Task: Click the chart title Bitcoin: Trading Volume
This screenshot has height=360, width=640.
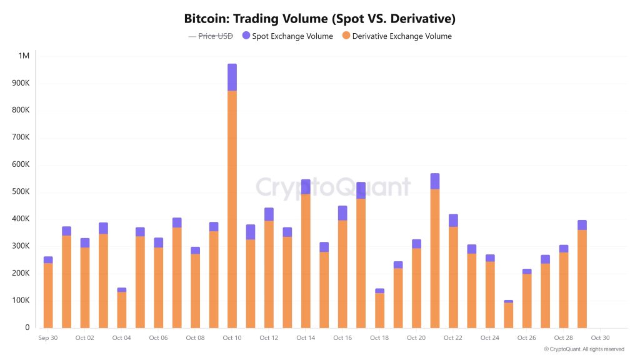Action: pyautogui.click(x=319, y=18)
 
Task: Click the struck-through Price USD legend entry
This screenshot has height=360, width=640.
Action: pyautogui.click(x=211, y=36)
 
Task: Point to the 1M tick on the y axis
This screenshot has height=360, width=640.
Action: pyautogui.click(x=24, y=56)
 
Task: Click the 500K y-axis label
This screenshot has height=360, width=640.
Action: pyautogui.click(x=21, y=192)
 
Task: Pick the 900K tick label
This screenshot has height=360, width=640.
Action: pyautogui.click(x=21, y=83)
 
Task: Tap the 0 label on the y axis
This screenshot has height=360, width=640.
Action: pyautogui.click(x=27, y=327)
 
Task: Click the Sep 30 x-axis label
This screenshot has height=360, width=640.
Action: pyautogui.click(x=48, y=338)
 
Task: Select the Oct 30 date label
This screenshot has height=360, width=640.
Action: pyautogui.click(x=601, y=338)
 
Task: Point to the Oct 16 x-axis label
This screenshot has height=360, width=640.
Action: pyautogui.click(x=342, y=338)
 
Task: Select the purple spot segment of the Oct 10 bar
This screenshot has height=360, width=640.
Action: pyautogui.click(x=232, y=77)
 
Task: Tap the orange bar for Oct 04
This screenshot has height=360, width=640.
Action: pyautogui.click(x=122, y=310)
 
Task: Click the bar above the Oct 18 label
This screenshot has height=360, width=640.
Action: pyautogui.click(x=379, y=310)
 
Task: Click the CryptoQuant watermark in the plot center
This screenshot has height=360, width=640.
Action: pyautogui.click(x=333, y=187)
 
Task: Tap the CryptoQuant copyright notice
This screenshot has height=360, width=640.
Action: pyautogui.click(x=583, y=349)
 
